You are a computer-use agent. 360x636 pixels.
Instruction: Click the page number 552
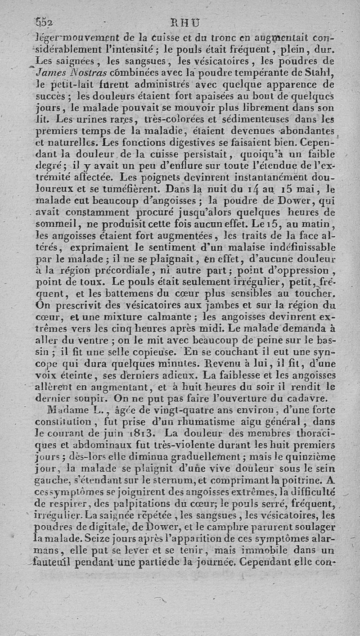pos(45,22)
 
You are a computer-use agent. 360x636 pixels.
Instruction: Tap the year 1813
pos(143,434)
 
